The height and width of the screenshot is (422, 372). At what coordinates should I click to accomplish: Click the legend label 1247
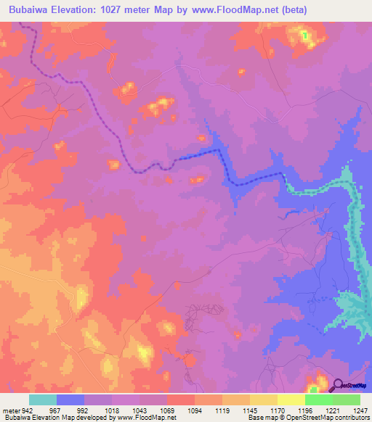coord(360,410)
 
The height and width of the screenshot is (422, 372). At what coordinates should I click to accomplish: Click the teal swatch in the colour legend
coord(43,400)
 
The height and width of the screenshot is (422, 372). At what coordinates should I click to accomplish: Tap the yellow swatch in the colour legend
coord(291,400)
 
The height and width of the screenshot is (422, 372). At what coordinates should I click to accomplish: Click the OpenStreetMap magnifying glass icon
coord(336,386)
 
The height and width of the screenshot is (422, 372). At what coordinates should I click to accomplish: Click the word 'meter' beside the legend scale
coord(9,410)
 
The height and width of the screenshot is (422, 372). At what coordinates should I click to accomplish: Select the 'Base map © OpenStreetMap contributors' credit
coord(308,418)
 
